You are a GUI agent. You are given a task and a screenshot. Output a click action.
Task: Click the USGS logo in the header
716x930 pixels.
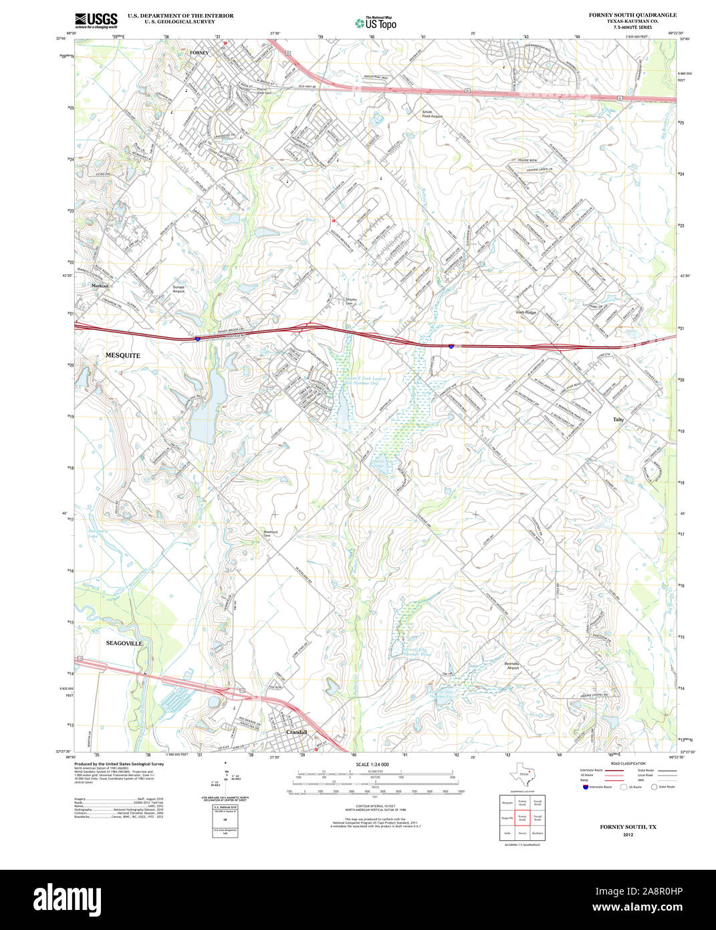(x=96, y=19)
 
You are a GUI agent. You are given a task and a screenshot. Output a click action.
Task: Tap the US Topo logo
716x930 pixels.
(x=375, y=23)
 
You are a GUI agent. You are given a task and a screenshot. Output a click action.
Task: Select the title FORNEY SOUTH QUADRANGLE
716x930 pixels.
(x=632, y=15)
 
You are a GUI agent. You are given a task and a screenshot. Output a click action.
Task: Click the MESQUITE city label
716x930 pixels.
(x=122, y=355)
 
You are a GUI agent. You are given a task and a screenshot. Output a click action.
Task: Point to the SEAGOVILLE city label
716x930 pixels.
(x=124, y=643)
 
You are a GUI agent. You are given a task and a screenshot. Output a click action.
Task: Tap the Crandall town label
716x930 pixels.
(x=296, y=732)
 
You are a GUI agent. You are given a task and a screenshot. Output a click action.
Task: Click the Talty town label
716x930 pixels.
(x=618, y=420)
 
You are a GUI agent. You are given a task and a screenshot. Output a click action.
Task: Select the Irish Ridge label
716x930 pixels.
(x=525, y=312)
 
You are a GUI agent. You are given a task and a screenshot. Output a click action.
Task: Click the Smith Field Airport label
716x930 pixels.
(x=431, y=114)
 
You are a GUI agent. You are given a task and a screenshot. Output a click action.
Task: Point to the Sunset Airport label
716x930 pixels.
(x=178, y=289)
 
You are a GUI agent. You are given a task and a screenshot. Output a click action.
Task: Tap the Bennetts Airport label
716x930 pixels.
(x=512, y=666)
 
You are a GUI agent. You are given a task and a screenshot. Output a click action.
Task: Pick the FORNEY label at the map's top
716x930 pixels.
(x=199, y=52)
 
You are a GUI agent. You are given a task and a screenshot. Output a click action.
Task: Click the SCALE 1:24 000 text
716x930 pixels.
(x=372, y=764)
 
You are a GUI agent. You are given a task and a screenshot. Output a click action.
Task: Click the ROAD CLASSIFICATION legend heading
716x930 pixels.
(x=628, y=763)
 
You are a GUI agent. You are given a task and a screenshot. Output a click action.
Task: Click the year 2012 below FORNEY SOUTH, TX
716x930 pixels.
(x=628, y=835)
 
